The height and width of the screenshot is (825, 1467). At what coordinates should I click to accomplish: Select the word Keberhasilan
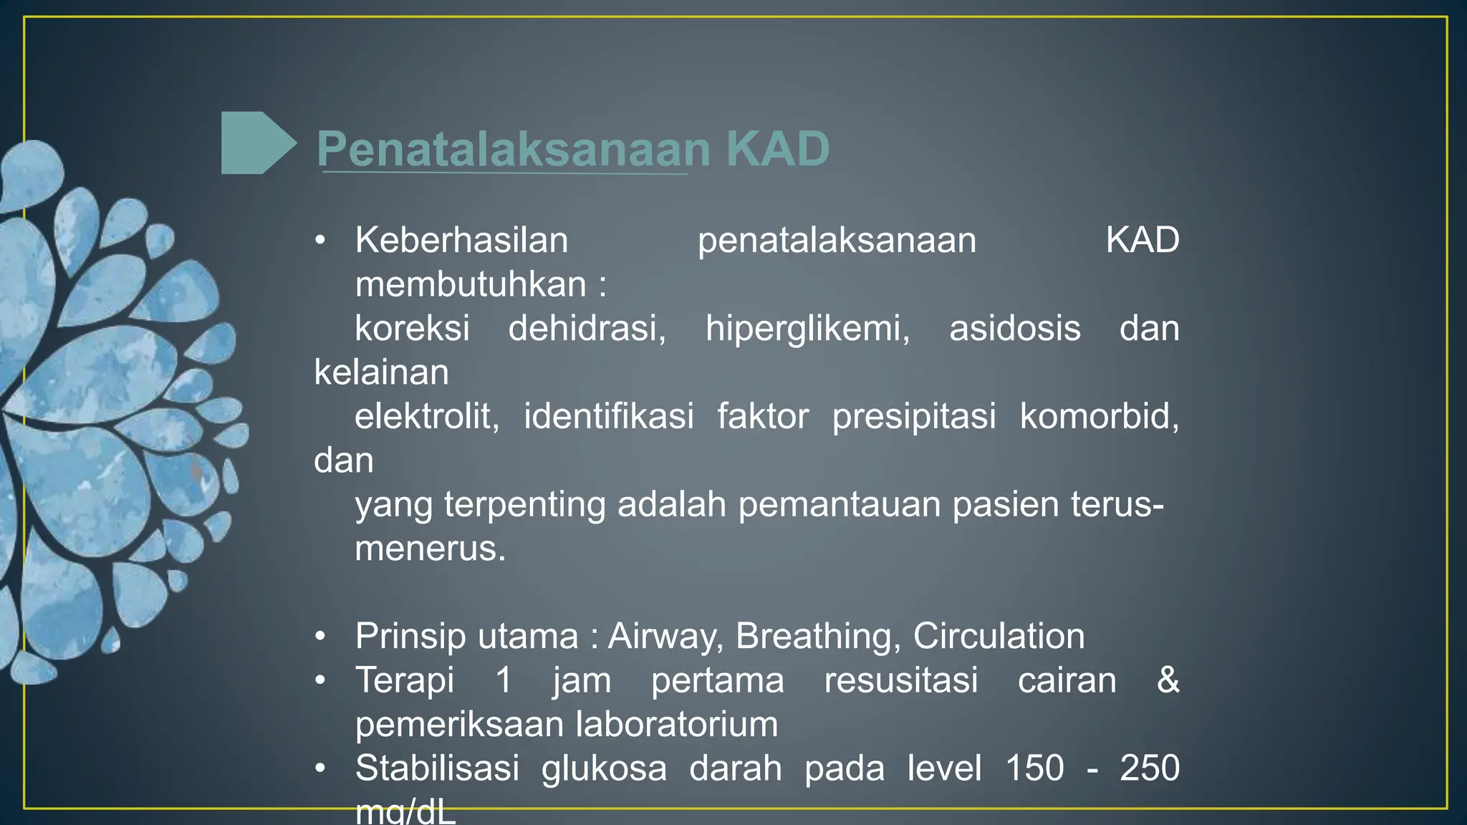461,240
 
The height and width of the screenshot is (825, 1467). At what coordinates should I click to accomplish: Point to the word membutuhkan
471,284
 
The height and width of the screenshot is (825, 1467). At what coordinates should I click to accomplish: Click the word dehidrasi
587,329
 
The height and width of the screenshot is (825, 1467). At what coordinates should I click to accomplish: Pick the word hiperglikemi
807,329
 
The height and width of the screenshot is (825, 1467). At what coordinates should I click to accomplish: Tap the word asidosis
1014,329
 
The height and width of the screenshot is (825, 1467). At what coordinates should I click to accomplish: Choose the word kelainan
381,372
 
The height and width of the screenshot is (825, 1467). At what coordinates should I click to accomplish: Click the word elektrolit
427,417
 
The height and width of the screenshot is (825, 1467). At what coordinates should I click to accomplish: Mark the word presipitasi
913,417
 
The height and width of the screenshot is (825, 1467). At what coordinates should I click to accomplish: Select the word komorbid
1099,417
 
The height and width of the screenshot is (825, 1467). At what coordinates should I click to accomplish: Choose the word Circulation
999,637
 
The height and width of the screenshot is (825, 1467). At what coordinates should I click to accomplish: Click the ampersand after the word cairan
1168,680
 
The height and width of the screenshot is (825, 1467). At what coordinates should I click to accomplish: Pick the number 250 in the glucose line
1149,768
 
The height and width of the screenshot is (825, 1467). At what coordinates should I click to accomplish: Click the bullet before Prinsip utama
320,636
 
